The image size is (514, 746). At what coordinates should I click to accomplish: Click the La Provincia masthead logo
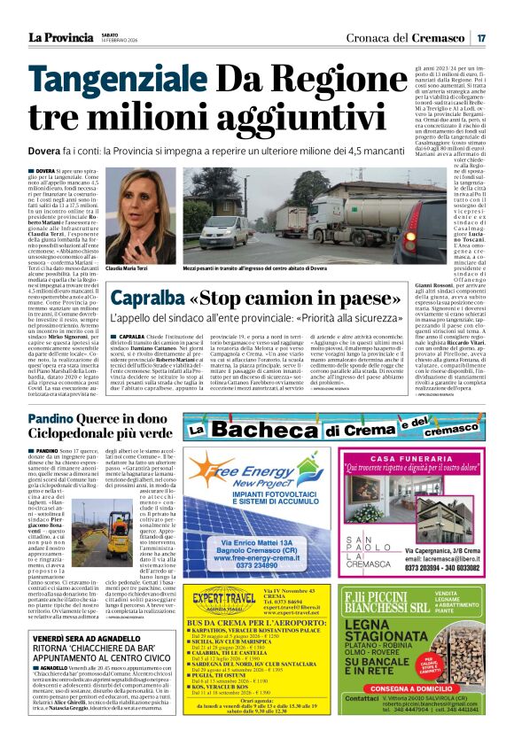coord(61,37)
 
